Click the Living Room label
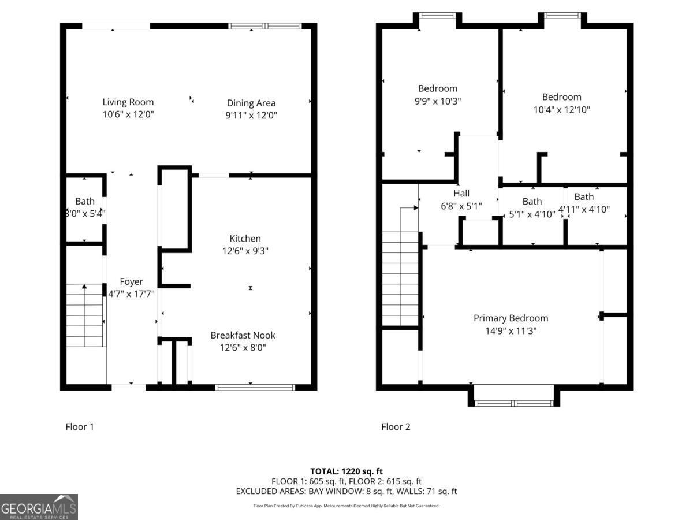[128, 102]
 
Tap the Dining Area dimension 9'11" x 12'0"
[251, 115]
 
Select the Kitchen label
[245, 238]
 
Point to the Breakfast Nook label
[243, 335]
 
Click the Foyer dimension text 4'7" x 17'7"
[131, 294]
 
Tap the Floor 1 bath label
[85, 201]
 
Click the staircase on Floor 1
[85, 315]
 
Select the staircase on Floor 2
[400, 277]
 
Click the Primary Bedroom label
[511, 318]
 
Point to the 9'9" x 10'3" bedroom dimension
[438, 101]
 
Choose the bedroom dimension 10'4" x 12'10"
[561, 109]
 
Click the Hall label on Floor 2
[461, 193]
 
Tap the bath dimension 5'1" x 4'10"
[532, 214]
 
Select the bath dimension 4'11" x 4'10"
[584, 209]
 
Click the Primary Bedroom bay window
[514, 403]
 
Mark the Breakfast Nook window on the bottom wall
[255, 387]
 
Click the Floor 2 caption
[396, 427]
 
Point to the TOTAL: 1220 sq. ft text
[346, 471]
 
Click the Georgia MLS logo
[39, 507]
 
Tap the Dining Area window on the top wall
[265, 25]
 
